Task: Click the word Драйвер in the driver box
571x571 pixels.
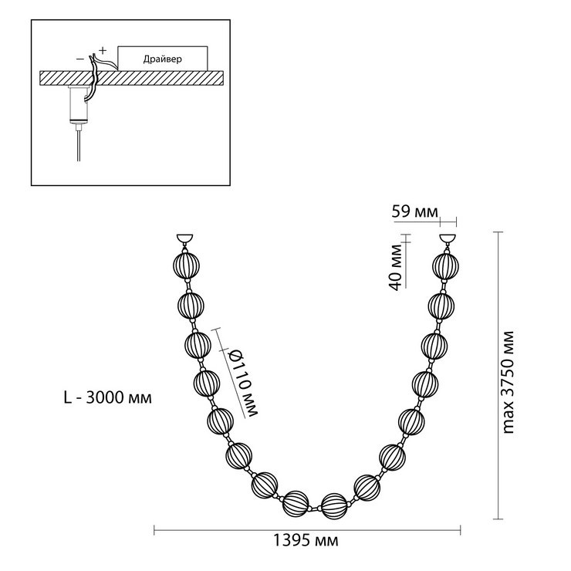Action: [162, 59]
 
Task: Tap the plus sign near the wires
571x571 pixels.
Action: [103, 50]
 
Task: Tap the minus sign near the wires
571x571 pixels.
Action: [79, 59]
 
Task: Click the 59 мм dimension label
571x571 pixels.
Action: [414, 211]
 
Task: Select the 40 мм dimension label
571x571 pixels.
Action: [396, 267]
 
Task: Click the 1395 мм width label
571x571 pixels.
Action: [305, 540]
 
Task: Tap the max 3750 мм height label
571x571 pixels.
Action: [508, 383]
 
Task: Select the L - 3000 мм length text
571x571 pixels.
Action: [108, 397]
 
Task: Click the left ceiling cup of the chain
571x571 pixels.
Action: [184, 239]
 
